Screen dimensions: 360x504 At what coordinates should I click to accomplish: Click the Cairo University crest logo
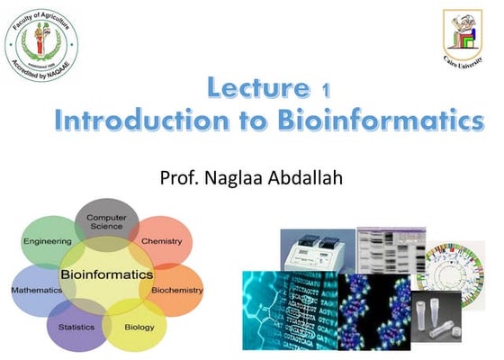coord(463,37)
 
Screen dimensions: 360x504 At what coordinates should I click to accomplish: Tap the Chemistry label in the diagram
coord(162,241)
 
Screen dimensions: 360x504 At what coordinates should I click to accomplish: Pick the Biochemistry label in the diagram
coord(176,291)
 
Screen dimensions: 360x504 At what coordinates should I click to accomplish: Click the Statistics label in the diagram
coord(76,328)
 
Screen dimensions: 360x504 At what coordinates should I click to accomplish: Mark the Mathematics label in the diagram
coord(36,291)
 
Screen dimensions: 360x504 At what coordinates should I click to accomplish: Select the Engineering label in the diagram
coord(47,241)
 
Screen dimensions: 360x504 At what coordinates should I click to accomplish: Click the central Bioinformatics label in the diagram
coord(106,274)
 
